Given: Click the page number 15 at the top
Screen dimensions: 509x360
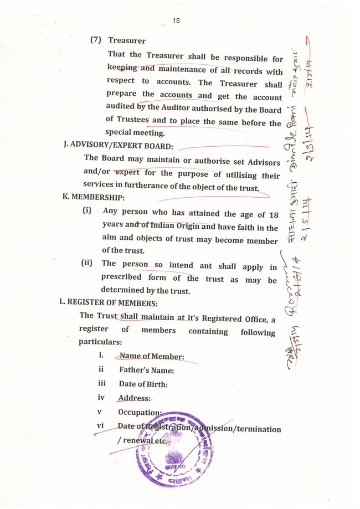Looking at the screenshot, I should (176, 20).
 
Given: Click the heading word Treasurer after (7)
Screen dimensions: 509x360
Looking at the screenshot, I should (127, 40).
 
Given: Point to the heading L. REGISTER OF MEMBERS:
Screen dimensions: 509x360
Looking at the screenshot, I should (109, 303).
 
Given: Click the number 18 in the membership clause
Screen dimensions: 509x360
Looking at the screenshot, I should (273, 214).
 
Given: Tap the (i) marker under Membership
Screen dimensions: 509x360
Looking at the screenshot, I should (87, 211).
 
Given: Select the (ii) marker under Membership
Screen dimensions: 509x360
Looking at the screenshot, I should (86, 263).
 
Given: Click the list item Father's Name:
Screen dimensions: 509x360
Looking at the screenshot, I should (146, 371).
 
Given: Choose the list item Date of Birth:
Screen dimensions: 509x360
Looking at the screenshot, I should (143, 384).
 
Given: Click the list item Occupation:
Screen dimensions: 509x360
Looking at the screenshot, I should (140, 413).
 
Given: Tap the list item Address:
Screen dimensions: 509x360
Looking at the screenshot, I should (134, 398).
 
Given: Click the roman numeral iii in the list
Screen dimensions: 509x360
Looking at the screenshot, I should (101, 383).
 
